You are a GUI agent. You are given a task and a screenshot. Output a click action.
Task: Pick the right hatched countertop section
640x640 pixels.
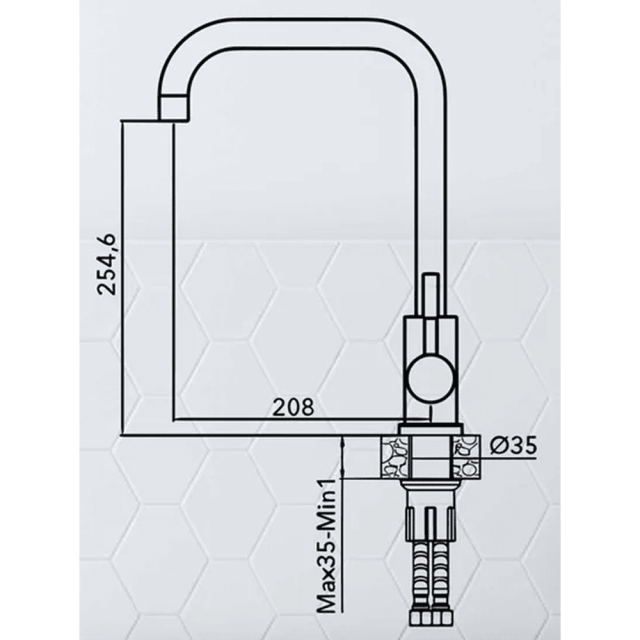tap(466, 456)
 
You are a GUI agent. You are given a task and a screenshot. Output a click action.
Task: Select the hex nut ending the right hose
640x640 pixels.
tap(447, 622)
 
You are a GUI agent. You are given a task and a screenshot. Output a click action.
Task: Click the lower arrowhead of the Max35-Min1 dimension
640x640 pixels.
tap(345, 467)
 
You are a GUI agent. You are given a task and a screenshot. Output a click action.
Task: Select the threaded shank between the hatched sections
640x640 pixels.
tap(429, 456)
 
